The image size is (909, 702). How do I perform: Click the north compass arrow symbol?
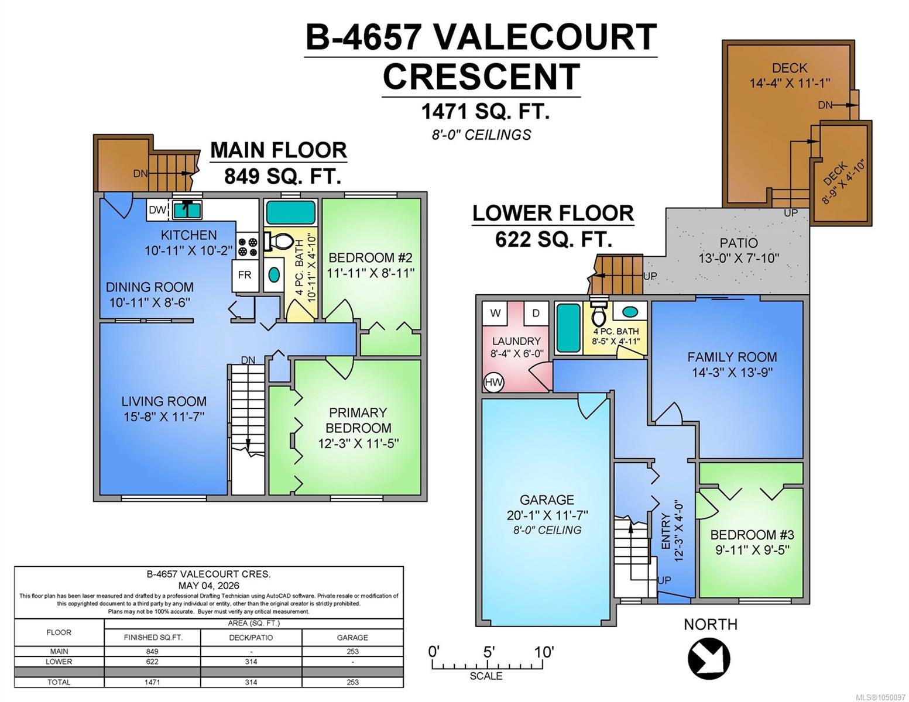[709, 658]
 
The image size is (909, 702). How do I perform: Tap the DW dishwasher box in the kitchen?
[157, 210]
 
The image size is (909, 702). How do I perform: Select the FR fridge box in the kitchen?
[244, 275]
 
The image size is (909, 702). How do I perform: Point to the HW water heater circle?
[493, 382]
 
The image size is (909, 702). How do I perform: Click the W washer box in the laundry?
[496, 313]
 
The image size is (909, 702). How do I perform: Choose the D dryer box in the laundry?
[536, 313]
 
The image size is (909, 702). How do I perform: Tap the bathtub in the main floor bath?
[291, 213]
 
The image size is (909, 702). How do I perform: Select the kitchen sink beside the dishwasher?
[187, 210]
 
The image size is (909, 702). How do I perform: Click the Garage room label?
[547, 500]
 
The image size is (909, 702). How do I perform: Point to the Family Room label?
[732, 357]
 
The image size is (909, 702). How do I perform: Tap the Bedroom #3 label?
[752, 535]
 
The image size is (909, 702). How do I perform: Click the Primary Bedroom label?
[358, 420]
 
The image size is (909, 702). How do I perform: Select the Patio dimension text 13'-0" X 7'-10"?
[739, 258]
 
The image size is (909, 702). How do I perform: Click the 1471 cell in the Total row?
[152, 682]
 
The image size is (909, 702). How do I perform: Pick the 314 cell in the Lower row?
[251, 662]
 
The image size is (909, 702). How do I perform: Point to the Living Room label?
[164, 401]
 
